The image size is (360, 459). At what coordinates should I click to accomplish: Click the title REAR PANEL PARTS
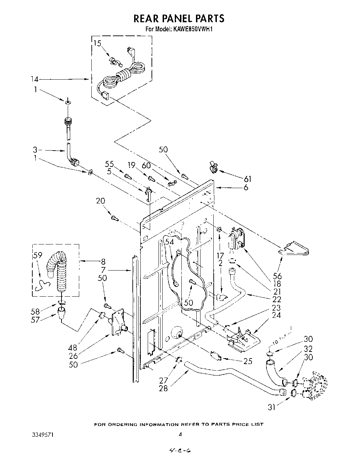pos(179,18)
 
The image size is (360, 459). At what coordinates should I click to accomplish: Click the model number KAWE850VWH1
pos(191,29)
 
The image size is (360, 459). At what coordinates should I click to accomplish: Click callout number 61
pos(247,179)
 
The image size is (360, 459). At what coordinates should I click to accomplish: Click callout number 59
pos(38,255)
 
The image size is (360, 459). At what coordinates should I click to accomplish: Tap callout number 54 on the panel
pos(169,241)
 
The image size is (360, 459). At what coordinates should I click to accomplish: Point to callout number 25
pos(248,361)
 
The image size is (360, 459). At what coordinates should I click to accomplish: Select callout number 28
pos(163,388)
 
